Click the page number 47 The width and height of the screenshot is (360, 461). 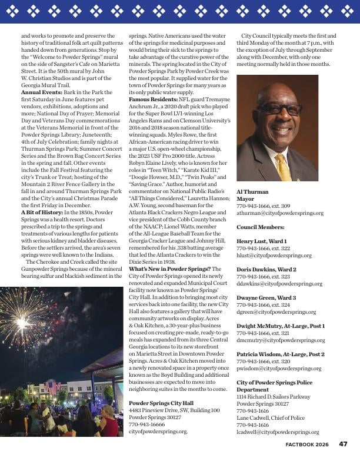pyautogui.click(x=343, y=445)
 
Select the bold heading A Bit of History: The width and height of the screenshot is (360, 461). pyautogui.click(x=41, y=212)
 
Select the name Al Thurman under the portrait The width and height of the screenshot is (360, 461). pyautogui.click(x=252, y=192)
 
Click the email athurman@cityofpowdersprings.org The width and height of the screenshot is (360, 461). pyautogui.click(x=280, y=213)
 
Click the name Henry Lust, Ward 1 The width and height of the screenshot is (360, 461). pyautogui.click(x=262, y=241)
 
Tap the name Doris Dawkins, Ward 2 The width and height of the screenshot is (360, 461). pyautogui.click(x=266, y=269)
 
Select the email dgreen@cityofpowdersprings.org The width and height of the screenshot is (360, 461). pyautogui.click(x=276, y=312)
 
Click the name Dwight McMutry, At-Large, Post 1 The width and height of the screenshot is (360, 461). pyautogui.click(x=281, y=326)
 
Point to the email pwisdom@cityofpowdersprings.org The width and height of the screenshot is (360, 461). pyautogui.click(x=279, y=369)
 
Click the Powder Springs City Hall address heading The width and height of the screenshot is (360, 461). pyautogui.click(x=161, y=403)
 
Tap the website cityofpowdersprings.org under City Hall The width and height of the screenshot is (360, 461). pyautogui.click(x=158, y=431)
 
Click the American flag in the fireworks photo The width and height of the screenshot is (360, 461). pyautogui.click(x=52, y=387)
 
